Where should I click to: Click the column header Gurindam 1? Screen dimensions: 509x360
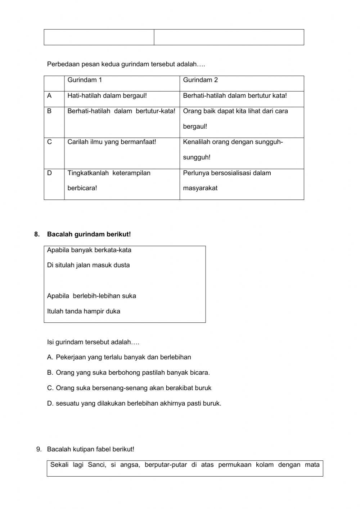85,80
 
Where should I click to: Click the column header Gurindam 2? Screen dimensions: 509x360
200,80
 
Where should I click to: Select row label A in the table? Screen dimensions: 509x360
49,96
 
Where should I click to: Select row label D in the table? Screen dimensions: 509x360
49,173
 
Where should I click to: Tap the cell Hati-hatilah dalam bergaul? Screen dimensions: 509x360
107,96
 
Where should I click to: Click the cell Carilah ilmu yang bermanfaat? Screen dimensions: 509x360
112,142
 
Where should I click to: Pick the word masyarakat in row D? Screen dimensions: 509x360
200,188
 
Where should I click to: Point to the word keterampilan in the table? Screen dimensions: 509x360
131,173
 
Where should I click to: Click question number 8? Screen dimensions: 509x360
37,235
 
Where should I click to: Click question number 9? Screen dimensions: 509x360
39,449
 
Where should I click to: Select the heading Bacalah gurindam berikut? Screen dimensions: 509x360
89,235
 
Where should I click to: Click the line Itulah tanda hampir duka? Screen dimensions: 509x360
84,311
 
